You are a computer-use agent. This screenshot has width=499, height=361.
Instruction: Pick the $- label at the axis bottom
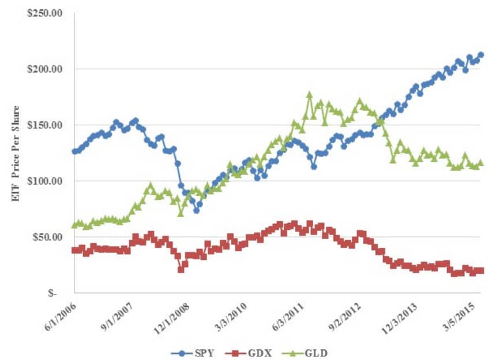pyautogui.click(x=52, y=293)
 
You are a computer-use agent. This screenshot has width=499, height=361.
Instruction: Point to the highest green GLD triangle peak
pyautogui.click(x=309, y=94)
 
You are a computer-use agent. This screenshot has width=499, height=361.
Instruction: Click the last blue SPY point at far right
pyautogui.click(x=481, y=55)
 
